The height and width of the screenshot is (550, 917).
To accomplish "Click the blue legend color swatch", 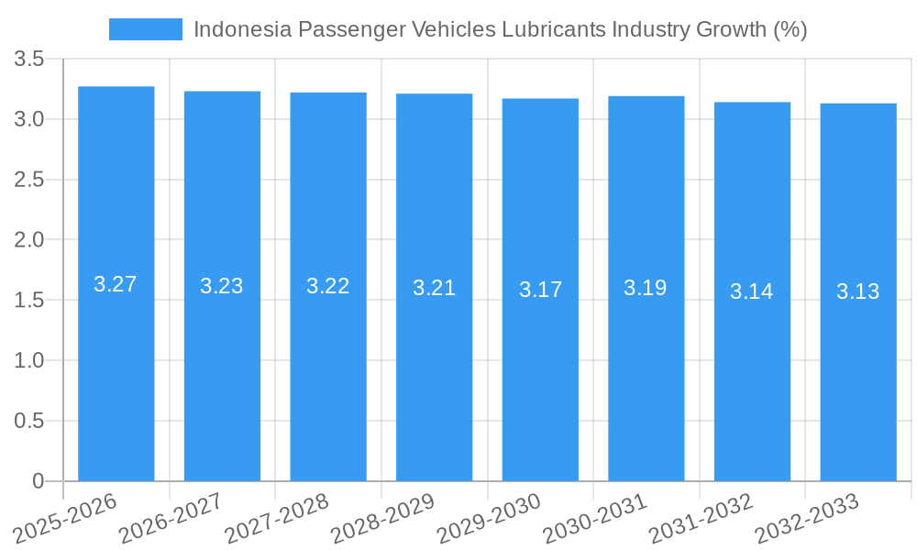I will (x=145, y=29).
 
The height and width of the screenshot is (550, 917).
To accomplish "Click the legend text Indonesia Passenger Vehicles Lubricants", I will (x=500, y=29).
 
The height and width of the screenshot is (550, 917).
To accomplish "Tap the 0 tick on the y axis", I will (x=38, y=481).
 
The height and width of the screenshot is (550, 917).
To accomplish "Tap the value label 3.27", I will (x=116, y=284).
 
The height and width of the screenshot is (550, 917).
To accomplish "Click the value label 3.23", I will (x=222, y=286).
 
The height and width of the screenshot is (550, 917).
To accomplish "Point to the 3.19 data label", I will (x=646, y=288).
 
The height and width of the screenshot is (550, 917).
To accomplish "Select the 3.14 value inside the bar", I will (x=752, y=291).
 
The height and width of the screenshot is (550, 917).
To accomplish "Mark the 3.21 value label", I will (x=434, y=288).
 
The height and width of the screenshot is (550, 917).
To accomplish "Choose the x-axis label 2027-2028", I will (x=277, y=517).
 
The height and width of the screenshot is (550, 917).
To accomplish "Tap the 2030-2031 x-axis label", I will (x=595, y=517).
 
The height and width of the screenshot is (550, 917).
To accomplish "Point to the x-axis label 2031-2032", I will (x=702, y=517).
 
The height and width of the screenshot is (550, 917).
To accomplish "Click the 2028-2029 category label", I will (x=383, y=517).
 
